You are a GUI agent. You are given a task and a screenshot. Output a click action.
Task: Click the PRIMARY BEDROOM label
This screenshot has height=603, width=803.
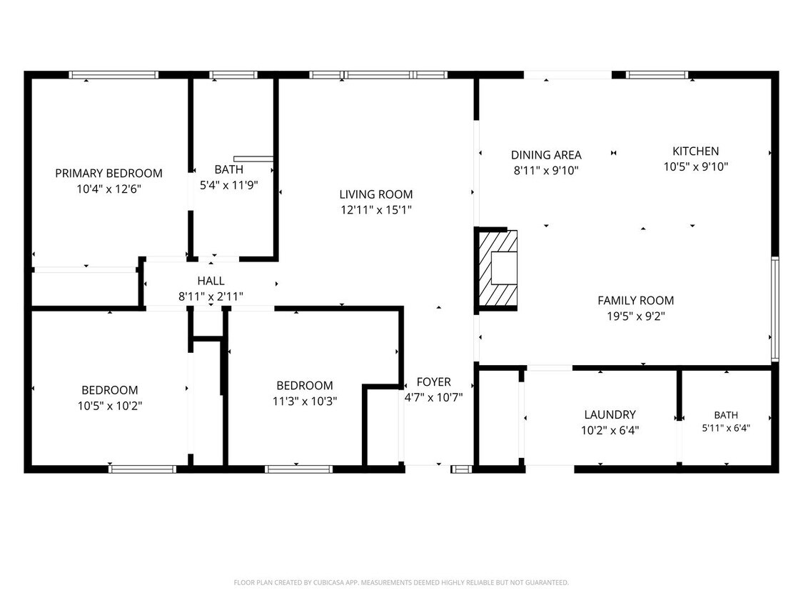point(108,174)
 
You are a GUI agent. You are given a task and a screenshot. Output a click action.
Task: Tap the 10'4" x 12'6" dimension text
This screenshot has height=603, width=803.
point(108,189)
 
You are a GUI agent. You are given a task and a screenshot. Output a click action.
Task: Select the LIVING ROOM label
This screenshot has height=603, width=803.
point(376,194)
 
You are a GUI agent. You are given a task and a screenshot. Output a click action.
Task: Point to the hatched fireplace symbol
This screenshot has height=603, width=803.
point(498,269)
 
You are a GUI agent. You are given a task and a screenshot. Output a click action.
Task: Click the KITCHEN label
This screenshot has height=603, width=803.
point(695,151)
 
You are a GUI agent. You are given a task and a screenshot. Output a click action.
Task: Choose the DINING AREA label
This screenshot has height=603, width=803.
point(546,155)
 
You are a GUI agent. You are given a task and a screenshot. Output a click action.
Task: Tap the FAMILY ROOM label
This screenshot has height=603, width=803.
point(635,301)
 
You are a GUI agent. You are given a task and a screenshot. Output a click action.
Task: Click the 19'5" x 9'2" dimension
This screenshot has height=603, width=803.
point(635,317)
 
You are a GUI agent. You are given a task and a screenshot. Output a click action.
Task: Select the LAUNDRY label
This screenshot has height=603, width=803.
point(610,414)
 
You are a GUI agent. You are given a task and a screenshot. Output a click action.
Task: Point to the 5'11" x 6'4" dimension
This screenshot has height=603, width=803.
point(726,428)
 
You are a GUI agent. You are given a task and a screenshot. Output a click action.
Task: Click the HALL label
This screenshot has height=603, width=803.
point(211,281)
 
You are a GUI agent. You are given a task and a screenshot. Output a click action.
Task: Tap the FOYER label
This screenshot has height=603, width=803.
point(434,382)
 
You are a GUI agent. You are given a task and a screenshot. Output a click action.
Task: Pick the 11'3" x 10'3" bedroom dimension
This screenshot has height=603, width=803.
point(305,401)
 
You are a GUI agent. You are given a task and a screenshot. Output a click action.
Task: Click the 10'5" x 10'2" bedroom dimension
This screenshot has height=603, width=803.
point(110,406)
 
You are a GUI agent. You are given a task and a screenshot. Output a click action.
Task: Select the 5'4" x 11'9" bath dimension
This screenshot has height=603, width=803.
point(229,185)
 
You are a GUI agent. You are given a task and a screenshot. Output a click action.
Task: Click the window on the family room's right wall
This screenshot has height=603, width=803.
point(775,309)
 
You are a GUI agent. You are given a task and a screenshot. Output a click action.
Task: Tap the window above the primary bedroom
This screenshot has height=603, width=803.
point(113,75)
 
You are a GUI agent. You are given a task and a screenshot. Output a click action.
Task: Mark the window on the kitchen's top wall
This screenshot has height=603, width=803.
point(657,75)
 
